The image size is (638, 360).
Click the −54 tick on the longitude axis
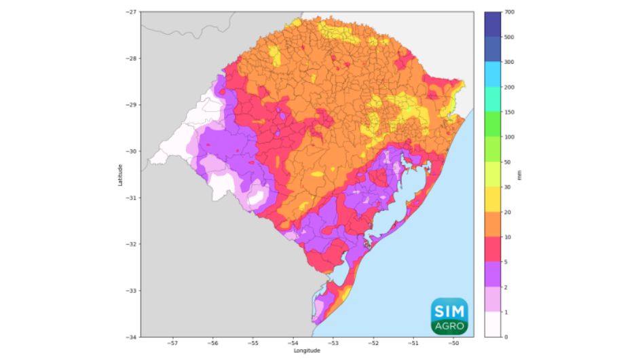click(293, 344)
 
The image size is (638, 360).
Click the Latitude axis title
click(120, 175)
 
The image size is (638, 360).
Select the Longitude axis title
click(307, 351)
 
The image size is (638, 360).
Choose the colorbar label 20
click(508, 212)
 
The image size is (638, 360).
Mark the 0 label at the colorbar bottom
click(506, 337)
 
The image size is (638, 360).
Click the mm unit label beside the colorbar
click(519, 175)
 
